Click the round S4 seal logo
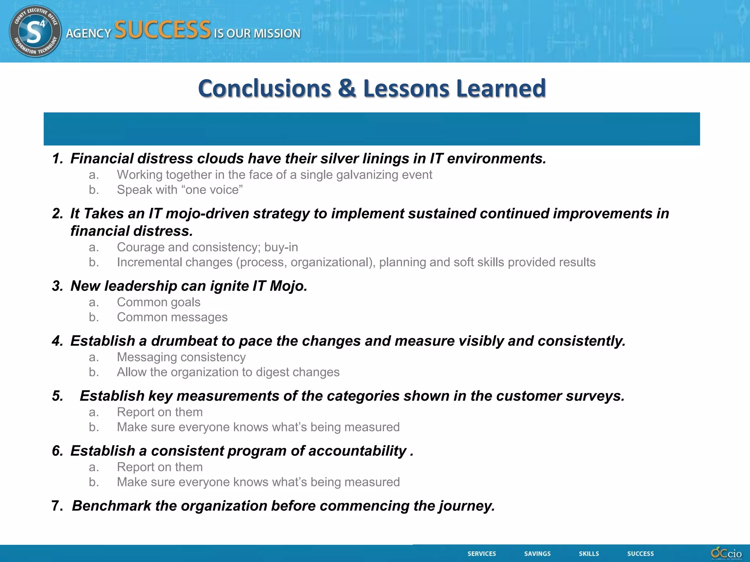pos(35,31)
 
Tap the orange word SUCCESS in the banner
pos(163,30)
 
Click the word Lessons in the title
pos(406,89)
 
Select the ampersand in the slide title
pos(347,89)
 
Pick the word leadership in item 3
pos(141,286)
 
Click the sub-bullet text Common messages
pos(172,317)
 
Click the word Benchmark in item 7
pos(111,506)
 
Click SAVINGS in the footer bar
pos(537,554)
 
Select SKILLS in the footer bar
pos(589,554)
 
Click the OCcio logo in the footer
pos(726,553)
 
